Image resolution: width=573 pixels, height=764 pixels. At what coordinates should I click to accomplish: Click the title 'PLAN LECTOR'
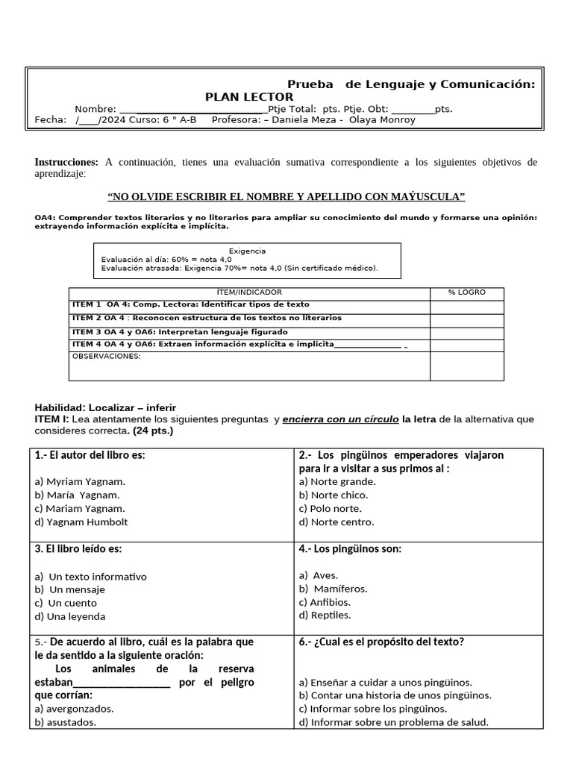pyautogui.click(x=249, y=97)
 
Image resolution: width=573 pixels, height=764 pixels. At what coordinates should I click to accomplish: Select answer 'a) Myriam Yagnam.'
pyautogui.click(x=80, y=481)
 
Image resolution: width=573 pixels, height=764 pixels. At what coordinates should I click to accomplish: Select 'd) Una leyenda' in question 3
pyautogui.click(x=70, y=616)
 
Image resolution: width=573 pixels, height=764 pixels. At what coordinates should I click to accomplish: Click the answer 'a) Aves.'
pyautogui.click(x=319, y=575)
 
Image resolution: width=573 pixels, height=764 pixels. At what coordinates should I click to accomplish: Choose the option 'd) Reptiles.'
pyautogui.click(x=325, y=616)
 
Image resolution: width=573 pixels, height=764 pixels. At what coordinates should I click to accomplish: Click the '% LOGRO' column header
pyautogui.click(x=466, y=292)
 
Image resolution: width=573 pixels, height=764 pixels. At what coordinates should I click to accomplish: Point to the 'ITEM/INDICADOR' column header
pyautogui.click(x=248, y=292)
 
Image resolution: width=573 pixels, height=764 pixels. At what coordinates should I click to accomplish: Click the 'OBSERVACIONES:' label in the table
pyautogui.click(x=106, y=357)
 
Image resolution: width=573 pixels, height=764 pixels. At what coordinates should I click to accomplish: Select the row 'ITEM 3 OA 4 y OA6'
pyautogui.click(x=180, y=332)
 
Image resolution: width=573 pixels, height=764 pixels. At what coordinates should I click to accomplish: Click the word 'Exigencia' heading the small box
pyautogui.click(x=247, y=251)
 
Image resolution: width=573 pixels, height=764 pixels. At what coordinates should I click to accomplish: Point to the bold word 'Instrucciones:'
pyautogui.click(x=66, y=162)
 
